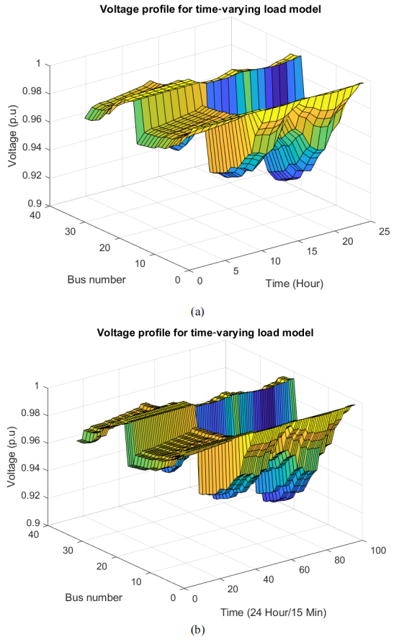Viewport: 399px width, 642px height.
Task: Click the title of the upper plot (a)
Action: coord(210,9)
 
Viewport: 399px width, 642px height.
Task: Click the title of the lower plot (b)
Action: coord(205,332)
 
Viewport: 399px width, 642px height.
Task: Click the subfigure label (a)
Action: coord(197,312)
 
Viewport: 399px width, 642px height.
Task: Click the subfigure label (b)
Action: coord(197,629)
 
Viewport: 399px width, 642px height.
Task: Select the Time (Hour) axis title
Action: coord(294,284)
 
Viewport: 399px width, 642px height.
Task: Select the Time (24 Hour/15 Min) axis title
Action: coord(274,612)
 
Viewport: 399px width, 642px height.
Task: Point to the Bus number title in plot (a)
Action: coord(97,280)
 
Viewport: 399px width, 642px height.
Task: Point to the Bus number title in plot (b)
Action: coord(94,597)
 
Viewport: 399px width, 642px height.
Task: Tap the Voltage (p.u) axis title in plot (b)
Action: coord(12,456)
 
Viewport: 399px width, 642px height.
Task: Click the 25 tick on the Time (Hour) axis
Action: coord(385,231)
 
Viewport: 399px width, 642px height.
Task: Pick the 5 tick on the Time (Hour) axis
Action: coord(236,271)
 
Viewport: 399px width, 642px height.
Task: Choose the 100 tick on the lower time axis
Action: coord(378,551)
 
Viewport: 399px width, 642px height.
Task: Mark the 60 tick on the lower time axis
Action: coord(305,569)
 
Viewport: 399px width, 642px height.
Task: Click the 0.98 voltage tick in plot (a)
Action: coord(32,91)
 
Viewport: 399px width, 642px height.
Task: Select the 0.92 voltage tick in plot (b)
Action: coord(31,496)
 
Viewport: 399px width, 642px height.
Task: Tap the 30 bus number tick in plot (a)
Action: coord(70,231)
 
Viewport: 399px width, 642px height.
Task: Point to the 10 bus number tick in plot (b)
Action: coord(136,582)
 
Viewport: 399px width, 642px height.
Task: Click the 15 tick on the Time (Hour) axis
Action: coord(312,251)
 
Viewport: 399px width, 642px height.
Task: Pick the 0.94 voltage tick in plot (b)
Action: coord(31,468)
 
